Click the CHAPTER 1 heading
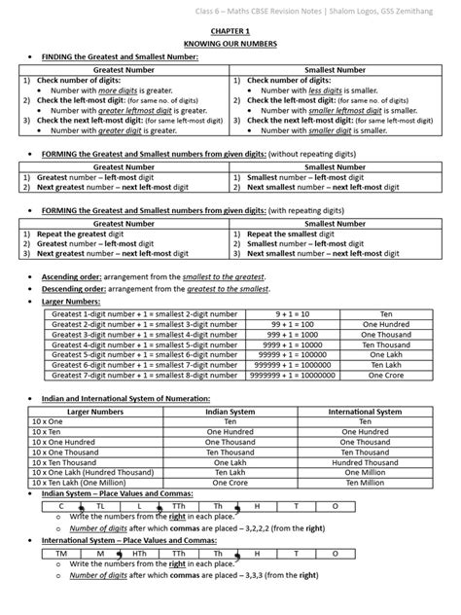click(x=230, y=31)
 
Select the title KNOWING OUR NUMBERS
click(x=230, y=45)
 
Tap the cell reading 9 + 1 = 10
click(x=291, y=313)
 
